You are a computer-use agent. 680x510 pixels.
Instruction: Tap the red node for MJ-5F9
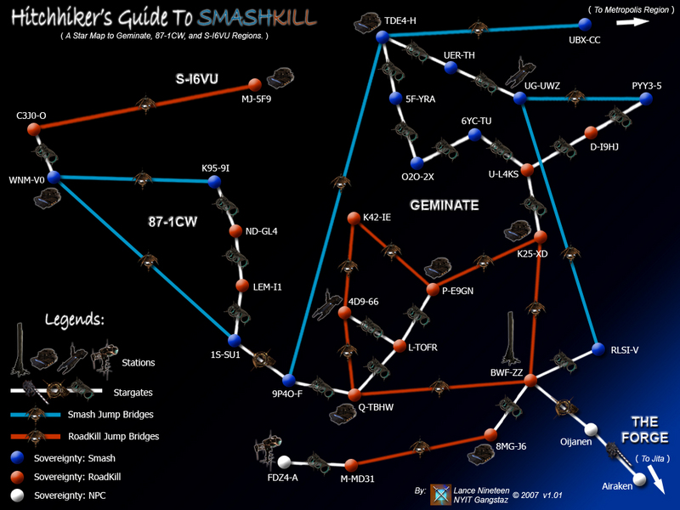pyautogui.click(x=253, y=84)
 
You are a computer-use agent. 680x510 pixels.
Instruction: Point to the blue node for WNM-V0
pyautogui.click(x=53, y=178)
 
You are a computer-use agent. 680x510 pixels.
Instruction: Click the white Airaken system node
pyautogui.click(x=638, y=481)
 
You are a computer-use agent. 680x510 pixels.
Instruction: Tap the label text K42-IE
pyautogui.click(x=377, y=218)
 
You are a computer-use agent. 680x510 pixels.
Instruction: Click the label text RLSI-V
pyautogui.click(x=625, y=349)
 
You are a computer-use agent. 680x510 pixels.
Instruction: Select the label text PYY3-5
pyautogui.click(x=647, y=86)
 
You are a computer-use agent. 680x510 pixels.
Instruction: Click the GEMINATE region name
pyautogui.click(x=445, y=206)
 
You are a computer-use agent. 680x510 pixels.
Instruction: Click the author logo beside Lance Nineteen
pyautogui.click(x=441, y=495)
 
